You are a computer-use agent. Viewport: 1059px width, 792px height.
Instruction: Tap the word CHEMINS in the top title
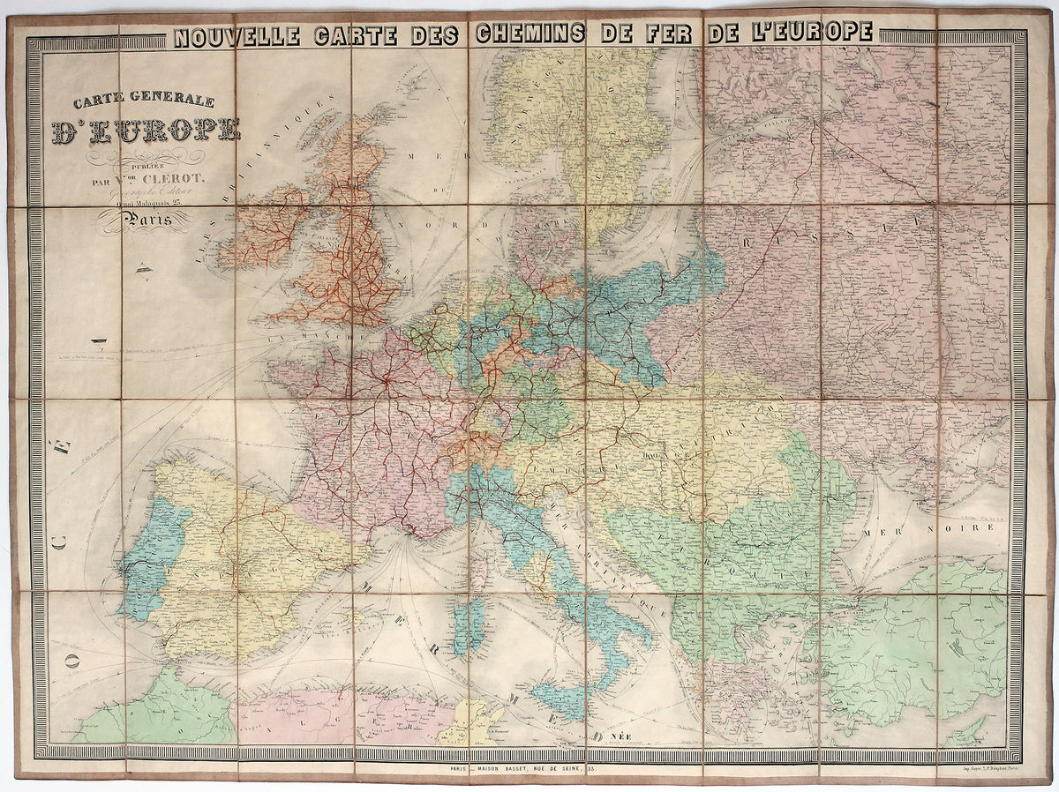point(529,34)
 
